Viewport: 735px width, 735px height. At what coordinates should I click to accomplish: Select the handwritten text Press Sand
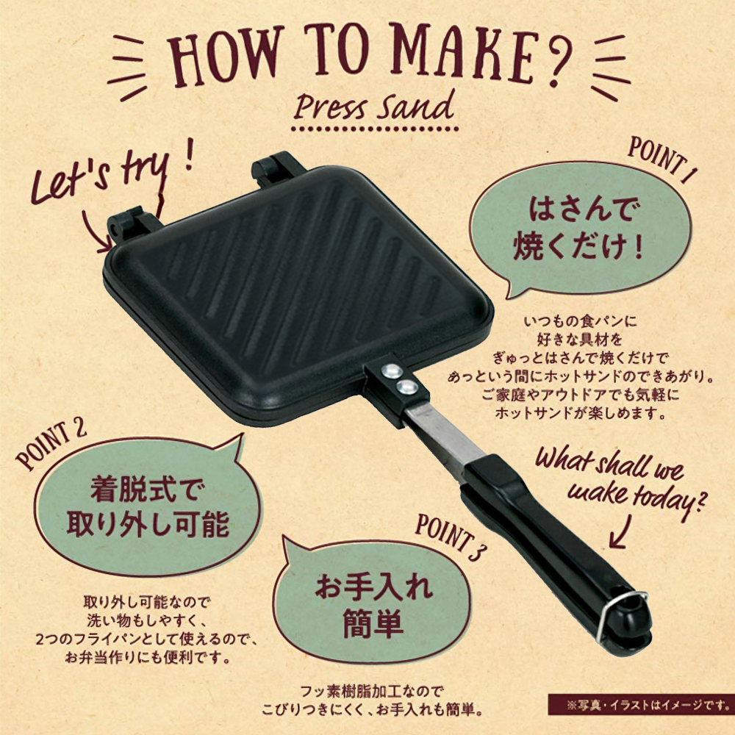(x=373, y=105)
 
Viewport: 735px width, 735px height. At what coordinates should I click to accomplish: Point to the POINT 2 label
(x=51, y=445)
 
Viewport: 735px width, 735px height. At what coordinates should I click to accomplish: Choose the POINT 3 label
(x=448, y=537)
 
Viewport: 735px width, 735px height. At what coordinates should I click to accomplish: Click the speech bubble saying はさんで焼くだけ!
(x=581, y=229)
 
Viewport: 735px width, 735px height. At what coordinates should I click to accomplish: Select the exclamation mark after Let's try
(x=190, y=154)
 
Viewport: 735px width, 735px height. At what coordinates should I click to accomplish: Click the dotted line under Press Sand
(x=375, y=129)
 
